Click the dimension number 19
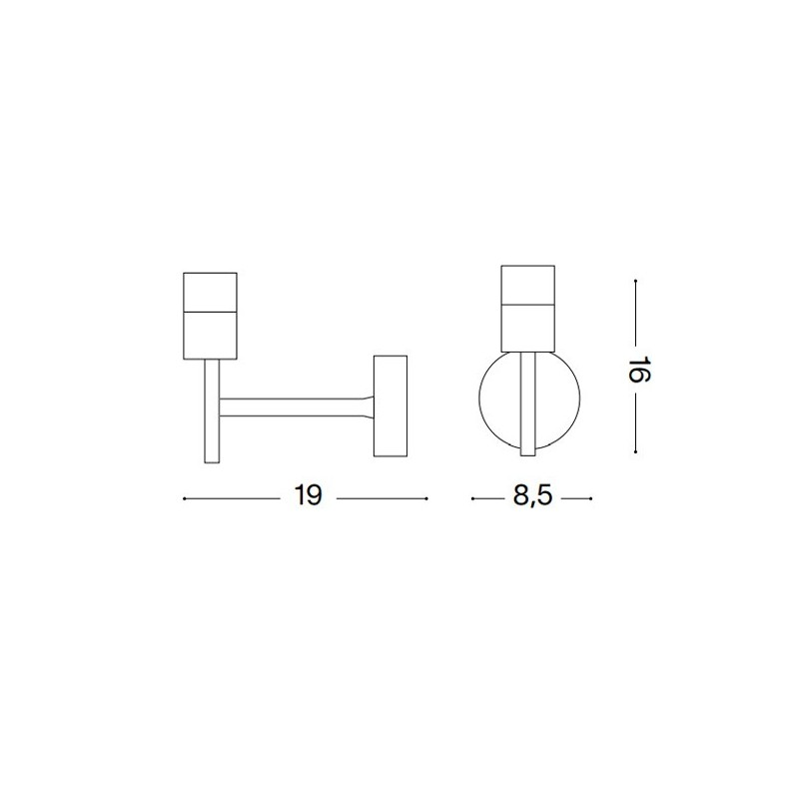click(308, 494)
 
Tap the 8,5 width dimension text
click(532, 495)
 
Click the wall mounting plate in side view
click(391, 405)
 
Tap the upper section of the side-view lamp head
click(210, 292)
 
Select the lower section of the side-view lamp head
click(210, 335)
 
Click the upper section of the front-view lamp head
click(528, 285)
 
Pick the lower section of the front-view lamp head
click(528, 329)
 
